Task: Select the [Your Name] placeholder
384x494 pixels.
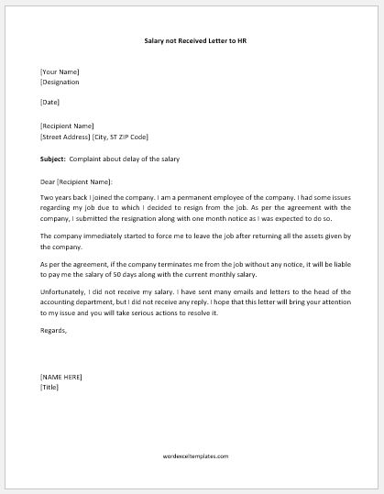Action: [x=60, y=71]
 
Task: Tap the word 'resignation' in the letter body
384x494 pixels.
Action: [x=150, y=219]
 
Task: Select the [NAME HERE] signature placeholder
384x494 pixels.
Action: [x=61, y=377]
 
